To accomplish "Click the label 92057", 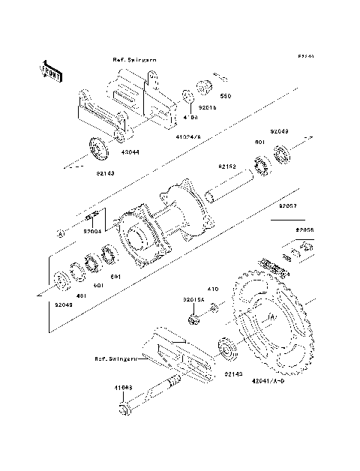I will (x=287, y=204).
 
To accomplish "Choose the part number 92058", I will (x=304, y=229).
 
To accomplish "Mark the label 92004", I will (x=93, y=232).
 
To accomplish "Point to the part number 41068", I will (x=124, y=388).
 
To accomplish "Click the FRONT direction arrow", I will (x=50, y=70).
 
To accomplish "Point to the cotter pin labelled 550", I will (x=220, y=76).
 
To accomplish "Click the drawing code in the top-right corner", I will (x=304, y=56).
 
